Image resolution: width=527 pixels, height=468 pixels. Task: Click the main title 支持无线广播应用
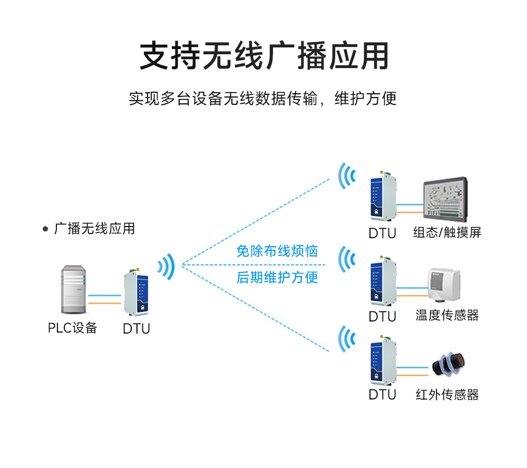point(263,55)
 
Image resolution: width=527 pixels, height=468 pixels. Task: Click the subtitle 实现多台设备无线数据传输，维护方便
point(262,99)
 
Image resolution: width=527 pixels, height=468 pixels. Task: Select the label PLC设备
point(72,328)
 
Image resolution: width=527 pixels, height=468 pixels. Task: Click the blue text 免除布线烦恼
point(277,251)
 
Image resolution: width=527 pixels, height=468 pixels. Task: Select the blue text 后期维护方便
point(277,277)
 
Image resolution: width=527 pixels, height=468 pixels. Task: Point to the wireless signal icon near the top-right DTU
point(346,175)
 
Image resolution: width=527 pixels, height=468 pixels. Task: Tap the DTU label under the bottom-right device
point(382,395)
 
